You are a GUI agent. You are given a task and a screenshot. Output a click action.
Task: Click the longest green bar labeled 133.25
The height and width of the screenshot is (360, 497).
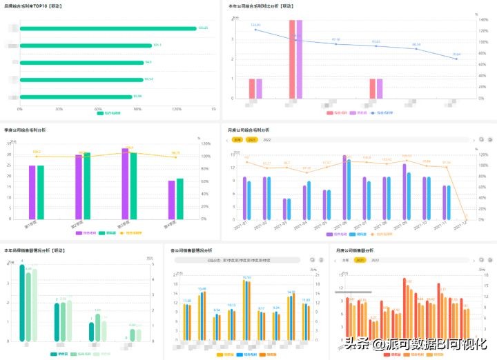point(107,28)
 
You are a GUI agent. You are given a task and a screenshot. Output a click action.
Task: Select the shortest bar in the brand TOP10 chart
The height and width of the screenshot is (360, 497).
point(76,97)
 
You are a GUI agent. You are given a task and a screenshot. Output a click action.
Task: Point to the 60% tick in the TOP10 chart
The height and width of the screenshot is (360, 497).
point(98,109)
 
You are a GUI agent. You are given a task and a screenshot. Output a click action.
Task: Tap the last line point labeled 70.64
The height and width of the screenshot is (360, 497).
point(456,59)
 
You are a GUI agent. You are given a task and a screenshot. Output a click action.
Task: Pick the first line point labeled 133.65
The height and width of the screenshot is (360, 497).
point(255,30)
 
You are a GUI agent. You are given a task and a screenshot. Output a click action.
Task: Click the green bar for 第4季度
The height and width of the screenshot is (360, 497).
point(179,199)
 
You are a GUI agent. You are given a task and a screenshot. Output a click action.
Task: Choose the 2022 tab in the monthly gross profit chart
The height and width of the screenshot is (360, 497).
point(267,139)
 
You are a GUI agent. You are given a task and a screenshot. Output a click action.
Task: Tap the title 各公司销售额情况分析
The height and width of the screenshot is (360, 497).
point(191,250)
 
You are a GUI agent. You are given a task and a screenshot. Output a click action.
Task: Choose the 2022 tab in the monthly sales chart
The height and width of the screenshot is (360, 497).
point(375,260)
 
